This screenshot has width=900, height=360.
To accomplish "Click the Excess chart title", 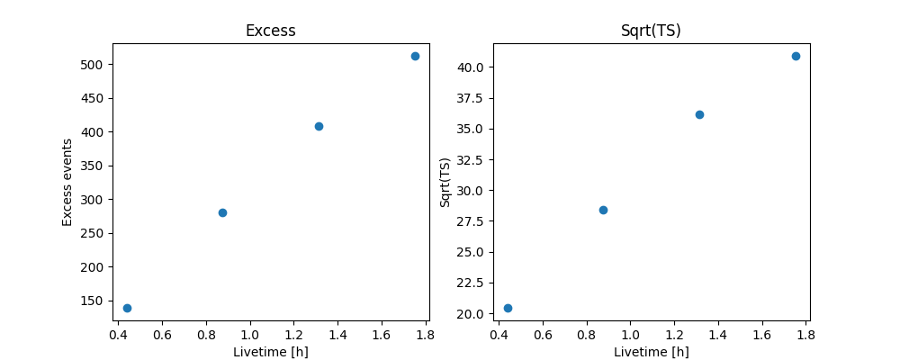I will pyautogui.click(x=270, y=31).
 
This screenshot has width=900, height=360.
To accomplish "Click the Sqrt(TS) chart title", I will pyautogui.click(x=651, y=31).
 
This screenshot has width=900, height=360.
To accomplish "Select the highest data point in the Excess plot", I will pyautogui.click(x=415, y=56).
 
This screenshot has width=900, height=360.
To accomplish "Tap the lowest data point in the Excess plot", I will pyautogui.click(x=127, y=308).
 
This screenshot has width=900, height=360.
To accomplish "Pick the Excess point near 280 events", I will pyautogui.click(x=222, y=212).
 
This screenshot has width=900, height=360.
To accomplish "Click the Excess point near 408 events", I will pyautogui.click(x=319, y=126).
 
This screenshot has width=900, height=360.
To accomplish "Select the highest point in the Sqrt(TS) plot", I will pyautogui.click(x=796, y=56).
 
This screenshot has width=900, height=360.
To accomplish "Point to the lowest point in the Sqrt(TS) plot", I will pyautogui.click(x=508, y=308).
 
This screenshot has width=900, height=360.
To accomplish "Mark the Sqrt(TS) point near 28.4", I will pyautogui.click(x=603, y=210).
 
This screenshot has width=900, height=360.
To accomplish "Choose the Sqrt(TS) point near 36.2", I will pyautogui.click(x=699, y=114).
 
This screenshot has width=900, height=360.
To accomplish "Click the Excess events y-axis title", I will pyautogui.click(x=67, y=182).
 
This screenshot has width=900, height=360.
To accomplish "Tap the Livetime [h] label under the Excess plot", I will pyautogui.click(x=270, y=352).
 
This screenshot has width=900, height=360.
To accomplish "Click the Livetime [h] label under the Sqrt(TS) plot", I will pyautogui.click(x=651, y=352).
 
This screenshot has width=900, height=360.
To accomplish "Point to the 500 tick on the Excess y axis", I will pyautogui.click(x=94, y=65).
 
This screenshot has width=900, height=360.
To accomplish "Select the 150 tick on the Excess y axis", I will pyautogui.click(x=94, y=301).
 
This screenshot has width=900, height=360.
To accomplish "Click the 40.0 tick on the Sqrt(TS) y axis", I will pyautogui.click(x=470, y=67).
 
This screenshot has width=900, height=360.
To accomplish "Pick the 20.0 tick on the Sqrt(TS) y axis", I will pyautogui.click(x=470, y=313).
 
